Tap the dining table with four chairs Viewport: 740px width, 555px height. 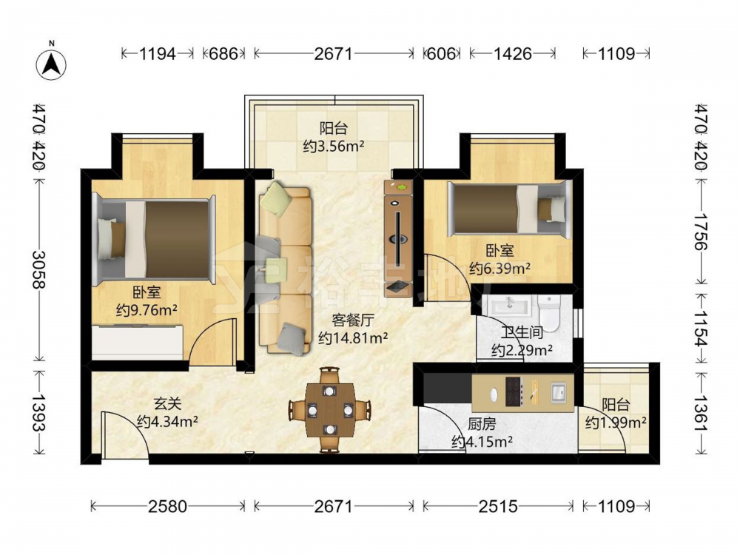[x=329, y=410]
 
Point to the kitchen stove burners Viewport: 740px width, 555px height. [x=514, y=391]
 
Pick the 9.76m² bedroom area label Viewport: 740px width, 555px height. [x=147, y=311]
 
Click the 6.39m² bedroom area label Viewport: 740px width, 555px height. [x=499, y=269]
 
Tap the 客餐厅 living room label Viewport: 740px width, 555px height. [x=353, y=320]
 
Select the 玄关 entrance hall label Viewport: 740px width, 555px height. [x=167, y=403]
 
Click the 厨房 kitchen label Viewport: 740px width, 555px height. [x=482, y=424]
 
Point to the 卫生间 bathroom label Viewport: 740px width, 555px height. [x=522, y=332]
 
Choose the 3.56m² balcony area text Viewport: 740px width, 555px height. [x=334, y=147]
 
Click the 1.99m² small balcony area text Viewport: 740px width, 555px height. [x=616, y=423]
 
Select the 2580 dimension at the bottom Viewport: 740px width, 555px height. [x=167, y=506]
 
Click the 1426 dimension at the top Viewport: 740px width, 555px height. [x=513, y=54]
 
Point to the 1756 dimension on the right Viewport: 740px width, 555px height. [x=701, y=232]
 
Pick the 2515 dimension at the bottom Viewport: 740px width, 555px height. [x=498, y=506]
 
